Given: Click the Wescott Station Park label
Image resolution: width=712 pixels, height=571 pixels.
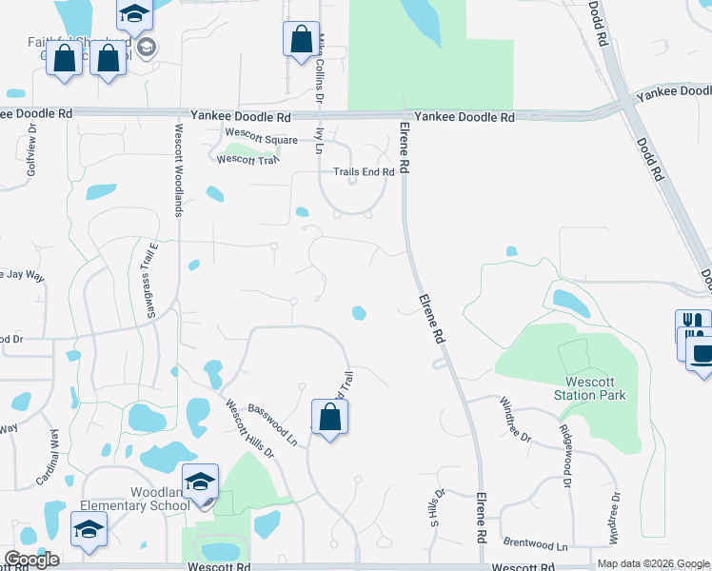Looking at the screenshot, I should [x=590, y=387].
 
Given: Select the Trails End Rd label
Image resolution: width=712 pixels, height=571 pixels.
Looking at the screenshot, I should [x=363, y=171].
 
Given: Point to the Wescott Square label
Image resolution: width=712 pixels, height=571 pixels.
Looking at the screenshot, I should [x=254, y=139].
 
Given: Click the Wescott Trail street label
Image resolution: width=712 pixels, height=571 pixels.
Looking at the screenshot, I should [x=247, y=159].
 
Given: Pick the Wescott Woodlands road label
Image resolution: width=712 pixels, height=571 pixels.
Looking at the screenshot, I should [x=177, y=170].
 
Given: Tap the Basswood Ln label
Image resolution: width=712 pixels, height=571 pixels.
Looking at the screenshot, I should [x=272, y=423].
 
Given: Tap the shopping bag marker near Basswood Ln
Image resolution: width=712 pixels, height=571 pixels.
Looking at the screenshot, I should [x=329, y=417].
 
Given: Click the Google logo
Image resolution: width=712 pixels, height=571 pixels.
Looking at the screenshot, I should [x=31, y=560].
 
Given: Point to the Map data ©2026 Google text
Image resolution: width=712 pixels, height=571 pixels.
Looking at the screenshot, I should [x=653, y=563].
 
